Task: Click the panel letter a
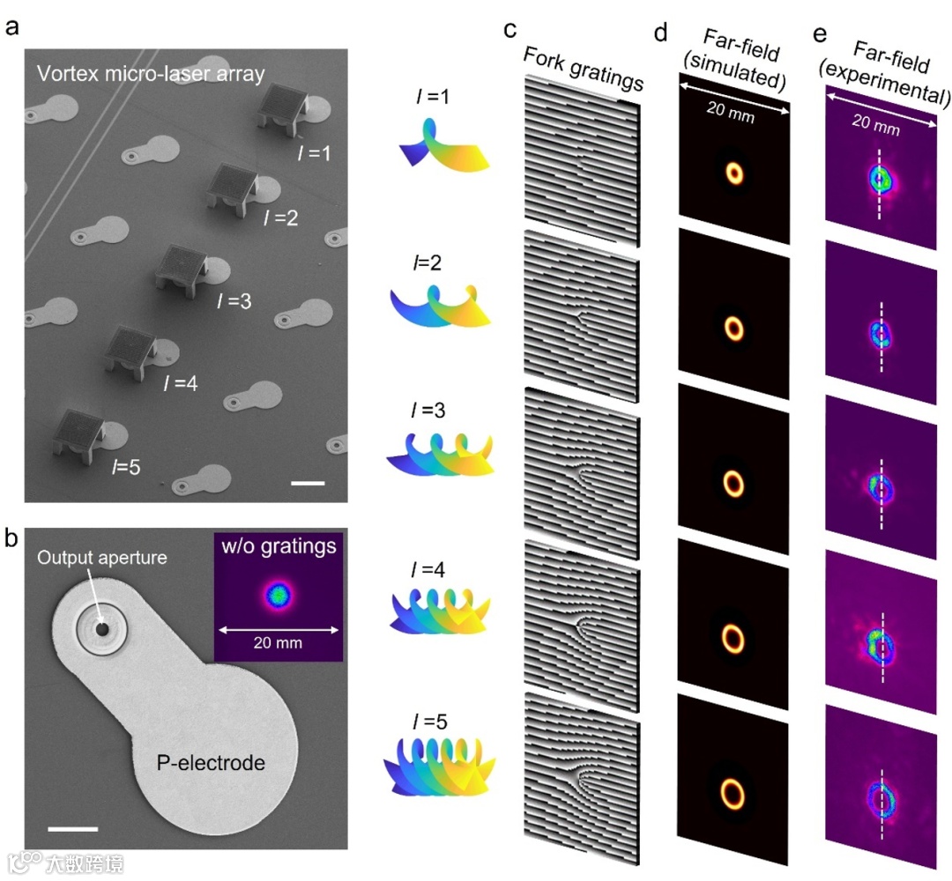click(x=12, y=26)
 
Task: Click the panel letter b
click(x=12, y=539)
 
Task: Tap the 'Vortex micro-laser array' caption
click(x=151, y=74)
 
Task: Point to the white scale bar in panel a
click(x=308, y=483)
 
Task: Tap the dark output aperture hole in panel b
click(x=102, y=629)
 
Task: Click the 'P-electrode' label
click(x=211, y=763)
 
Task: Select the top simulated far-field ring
click(x=734, y=173)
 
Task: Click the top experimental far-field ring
click(x=880, y=180)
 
